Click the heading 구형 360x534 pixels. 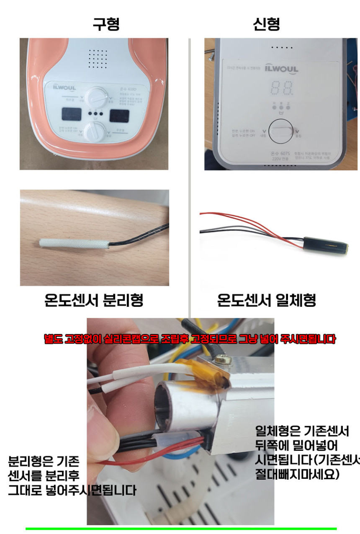(x=106, y=24)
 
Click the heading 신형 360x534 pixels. (x=266, y=24)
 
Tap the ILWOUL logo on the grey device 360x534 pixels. (x=281, y=69)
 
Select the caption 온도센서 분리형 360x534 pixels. (x=94, y=300)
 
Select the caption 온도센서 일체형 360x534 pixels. (x=266, y=300)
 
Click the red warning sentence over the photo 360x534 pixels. (x=190, y=339)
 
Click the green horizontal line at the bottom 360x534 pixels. (x=181, y=529)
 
